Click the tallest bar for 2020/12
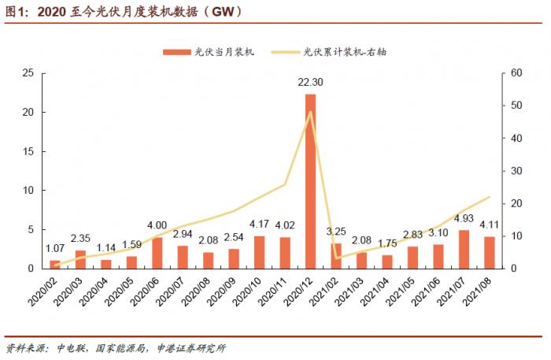[311, 181]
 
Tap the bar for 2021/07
[464, 249]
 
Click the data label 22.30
[311, 82]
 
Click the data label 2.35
[80, 238]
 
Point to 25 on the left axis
[28, 73]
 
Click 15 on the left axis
[28, 151]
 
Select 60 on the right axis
[516, 73]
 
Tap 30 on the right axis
[516, 171]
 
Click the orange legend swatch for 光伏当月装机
[177, 52]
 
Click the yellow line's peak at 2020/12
[311, 112]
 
